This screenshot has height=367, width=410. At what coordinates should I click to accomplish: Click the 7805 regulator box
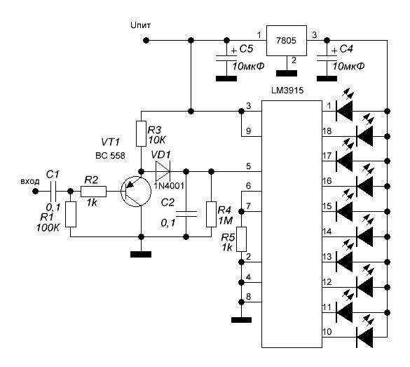pos(287,41)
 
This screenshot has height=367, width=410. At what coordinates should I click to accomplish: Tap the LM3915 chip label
pos(287,91)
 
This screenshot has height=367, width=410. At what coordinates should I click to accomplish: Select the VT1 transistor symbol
pos(136,192)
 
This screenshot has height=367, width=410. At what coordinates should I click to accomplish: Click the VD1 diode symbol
pos(163,171)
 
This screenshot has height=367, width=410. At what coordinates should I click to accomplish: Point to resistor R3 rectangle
pos(141,133)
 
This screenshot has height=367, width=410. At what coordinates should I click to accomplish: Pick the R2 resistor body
pos(94,192)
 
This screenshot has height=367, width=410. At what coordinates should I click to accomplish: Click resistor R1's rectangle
pos(71,214)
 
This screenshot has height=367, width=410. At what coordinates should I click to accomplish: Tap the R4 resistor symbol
pos(211,214)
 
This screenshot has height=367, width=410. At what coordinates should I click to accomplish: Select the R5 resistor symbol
pos(241,239)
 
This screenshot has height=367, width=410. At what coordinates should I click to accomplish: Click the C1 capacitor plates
pos(53,192)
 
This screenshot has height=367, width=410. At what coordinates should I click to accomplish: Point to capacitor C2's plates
pos(186,213)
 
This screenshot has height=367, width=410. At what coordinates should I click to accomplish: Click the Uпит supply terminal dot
pos(146,41)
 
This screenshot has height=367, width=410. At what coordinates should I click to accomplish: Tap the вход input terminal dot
pos(35,192)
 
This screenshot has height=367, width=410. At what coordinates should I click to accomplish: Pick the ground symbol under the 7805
pos(287,73)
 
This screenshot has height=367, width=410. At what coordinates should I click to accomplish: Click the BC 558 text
pos(110,156)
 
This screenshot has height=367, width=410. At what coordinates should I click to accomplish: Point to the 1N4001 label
pos(169,186)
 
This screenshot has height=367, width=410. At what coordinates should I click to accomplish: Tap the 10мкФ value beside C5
pos(248,66)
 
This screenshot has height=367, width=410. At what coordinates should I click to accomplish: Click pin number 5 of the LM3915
pos(248,166)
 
